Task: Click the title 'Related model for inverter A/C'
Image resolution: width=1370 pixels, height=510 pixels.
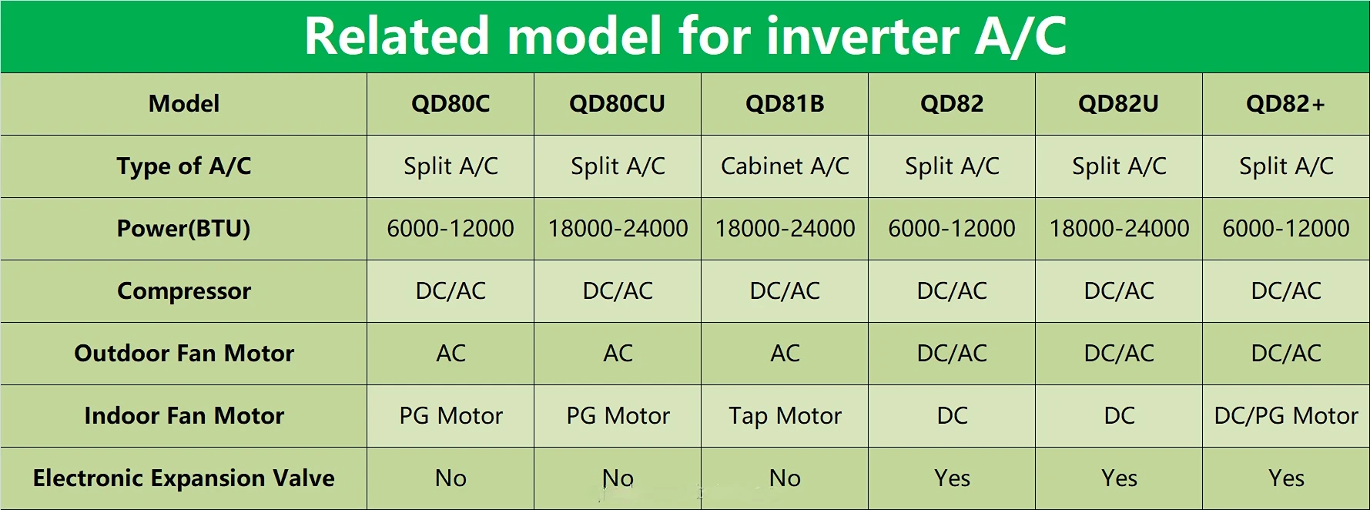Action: click(685, 36)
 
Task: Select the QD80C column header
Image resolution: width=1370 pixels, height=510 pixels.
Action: click(451, 104)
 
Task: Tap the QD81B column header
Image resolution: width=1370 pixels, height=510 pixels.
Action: click(785, 104)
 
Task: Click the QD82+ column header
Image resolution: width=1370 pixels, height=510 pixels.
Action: click(1285, 104)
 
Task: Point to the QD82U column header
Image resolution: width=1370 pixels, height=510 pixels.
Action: click(1118, 104)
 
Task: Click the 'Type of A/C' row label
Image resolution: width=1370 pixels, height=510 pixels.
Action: click(184, 166)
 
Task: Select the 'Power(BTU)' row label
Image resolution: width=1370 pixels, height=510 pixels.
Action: click(183, 229)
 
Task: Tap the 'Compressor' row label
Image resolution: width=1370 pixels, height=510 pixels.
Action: click(184, 291)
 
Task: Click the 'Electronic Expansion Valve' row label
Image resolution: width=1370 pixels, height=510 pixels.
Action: click(183, 478)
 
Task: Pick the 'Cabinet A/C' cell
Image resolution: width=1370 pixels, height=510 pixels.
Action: click(785, 166)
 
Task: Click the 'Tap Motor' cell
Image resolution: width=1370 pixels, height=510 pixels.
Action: click(785, 416)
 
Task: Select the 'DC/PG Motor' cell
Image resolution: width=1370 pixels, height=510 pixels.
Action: click(1286, 416)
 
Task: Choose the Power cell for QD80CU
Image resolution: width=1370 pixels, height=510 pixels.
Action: click(618, 229)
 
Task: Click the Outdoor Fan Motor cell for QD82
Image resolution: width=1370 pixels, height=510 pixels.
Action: click(952, 354)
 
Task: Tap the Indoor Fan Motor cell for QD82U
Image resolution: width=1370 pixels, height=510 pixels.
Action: click(1119, 416)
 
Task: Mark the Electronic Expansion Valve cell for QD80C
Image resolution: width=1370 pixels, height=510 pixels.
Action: click(451, 478)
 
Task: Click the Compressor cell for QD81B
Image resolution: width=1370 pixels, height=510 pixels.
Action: click(785, 291)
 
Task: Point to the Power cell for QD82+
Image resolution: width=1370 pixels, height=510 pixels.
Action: click(1286, 229)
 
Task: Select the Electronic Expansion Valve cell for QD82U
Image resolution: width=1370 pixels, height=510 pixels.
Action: click(1119, 478)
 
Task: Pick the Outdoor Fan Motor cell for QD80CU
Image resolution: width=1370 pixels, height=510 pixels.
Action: click(618, 354)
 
